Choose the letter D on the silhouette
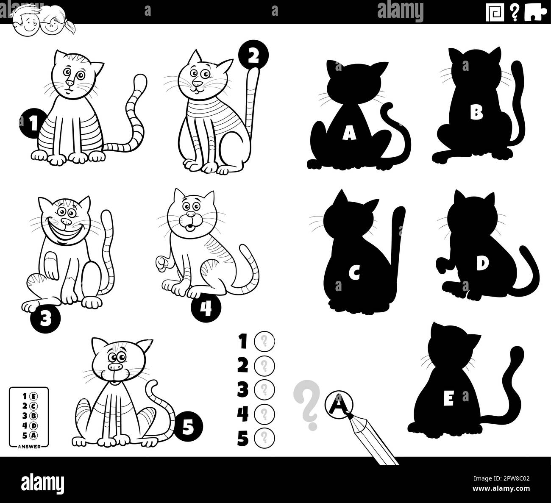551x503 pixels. [481, 264]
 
